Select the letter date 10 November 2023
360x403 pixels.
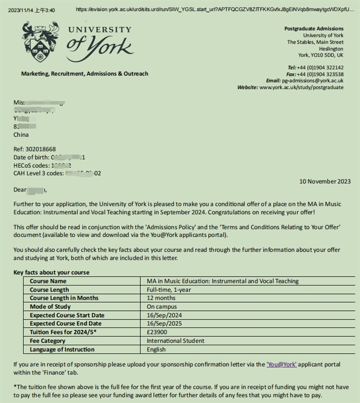coord(325,181)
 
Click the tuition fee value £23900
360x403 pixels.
coord(157,332)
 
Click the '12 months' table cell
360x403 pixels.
coord(161,298)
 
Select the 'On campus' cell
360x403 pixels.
coord(162,307)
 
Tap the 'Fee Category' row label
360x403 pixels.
coord(48,341)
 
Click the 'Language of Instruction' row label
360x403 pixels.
coord(62,349)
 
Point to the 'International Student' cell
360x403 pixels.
coord(175,341)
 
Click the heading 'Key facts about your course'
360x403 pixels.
coord(51,272)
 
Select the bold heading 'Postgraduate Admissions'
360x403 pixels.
coord(314,29)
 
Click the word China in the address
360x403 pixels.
coord(21,135)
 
